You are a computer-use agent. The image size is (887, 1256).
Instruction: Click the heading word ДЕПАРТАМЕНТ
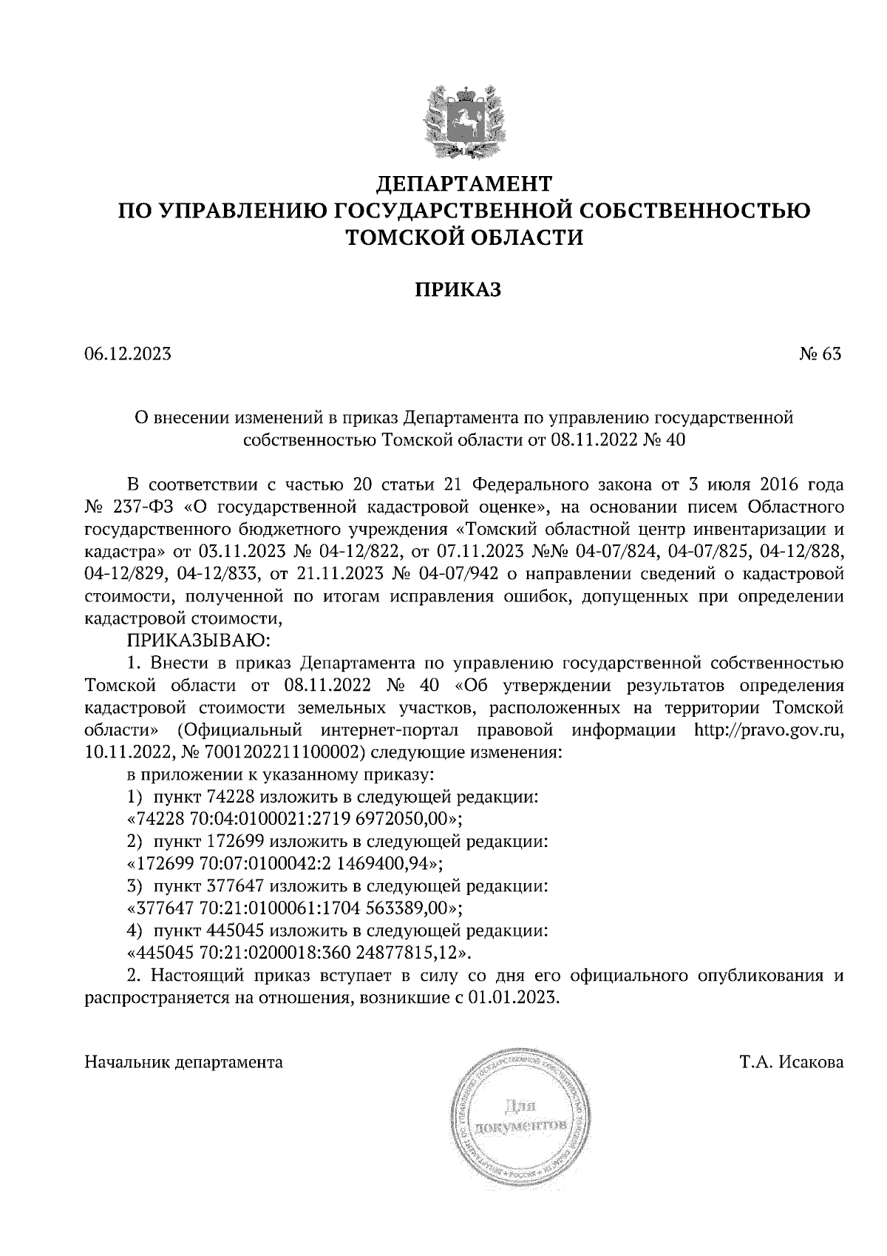tap(465, 182)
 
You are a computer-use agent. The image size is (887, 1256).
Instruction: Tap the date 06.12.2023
tap(128, 354)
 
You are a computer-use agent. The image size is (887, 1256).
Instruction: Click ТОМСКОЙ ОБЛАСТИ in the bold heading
tap(465, 237)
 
